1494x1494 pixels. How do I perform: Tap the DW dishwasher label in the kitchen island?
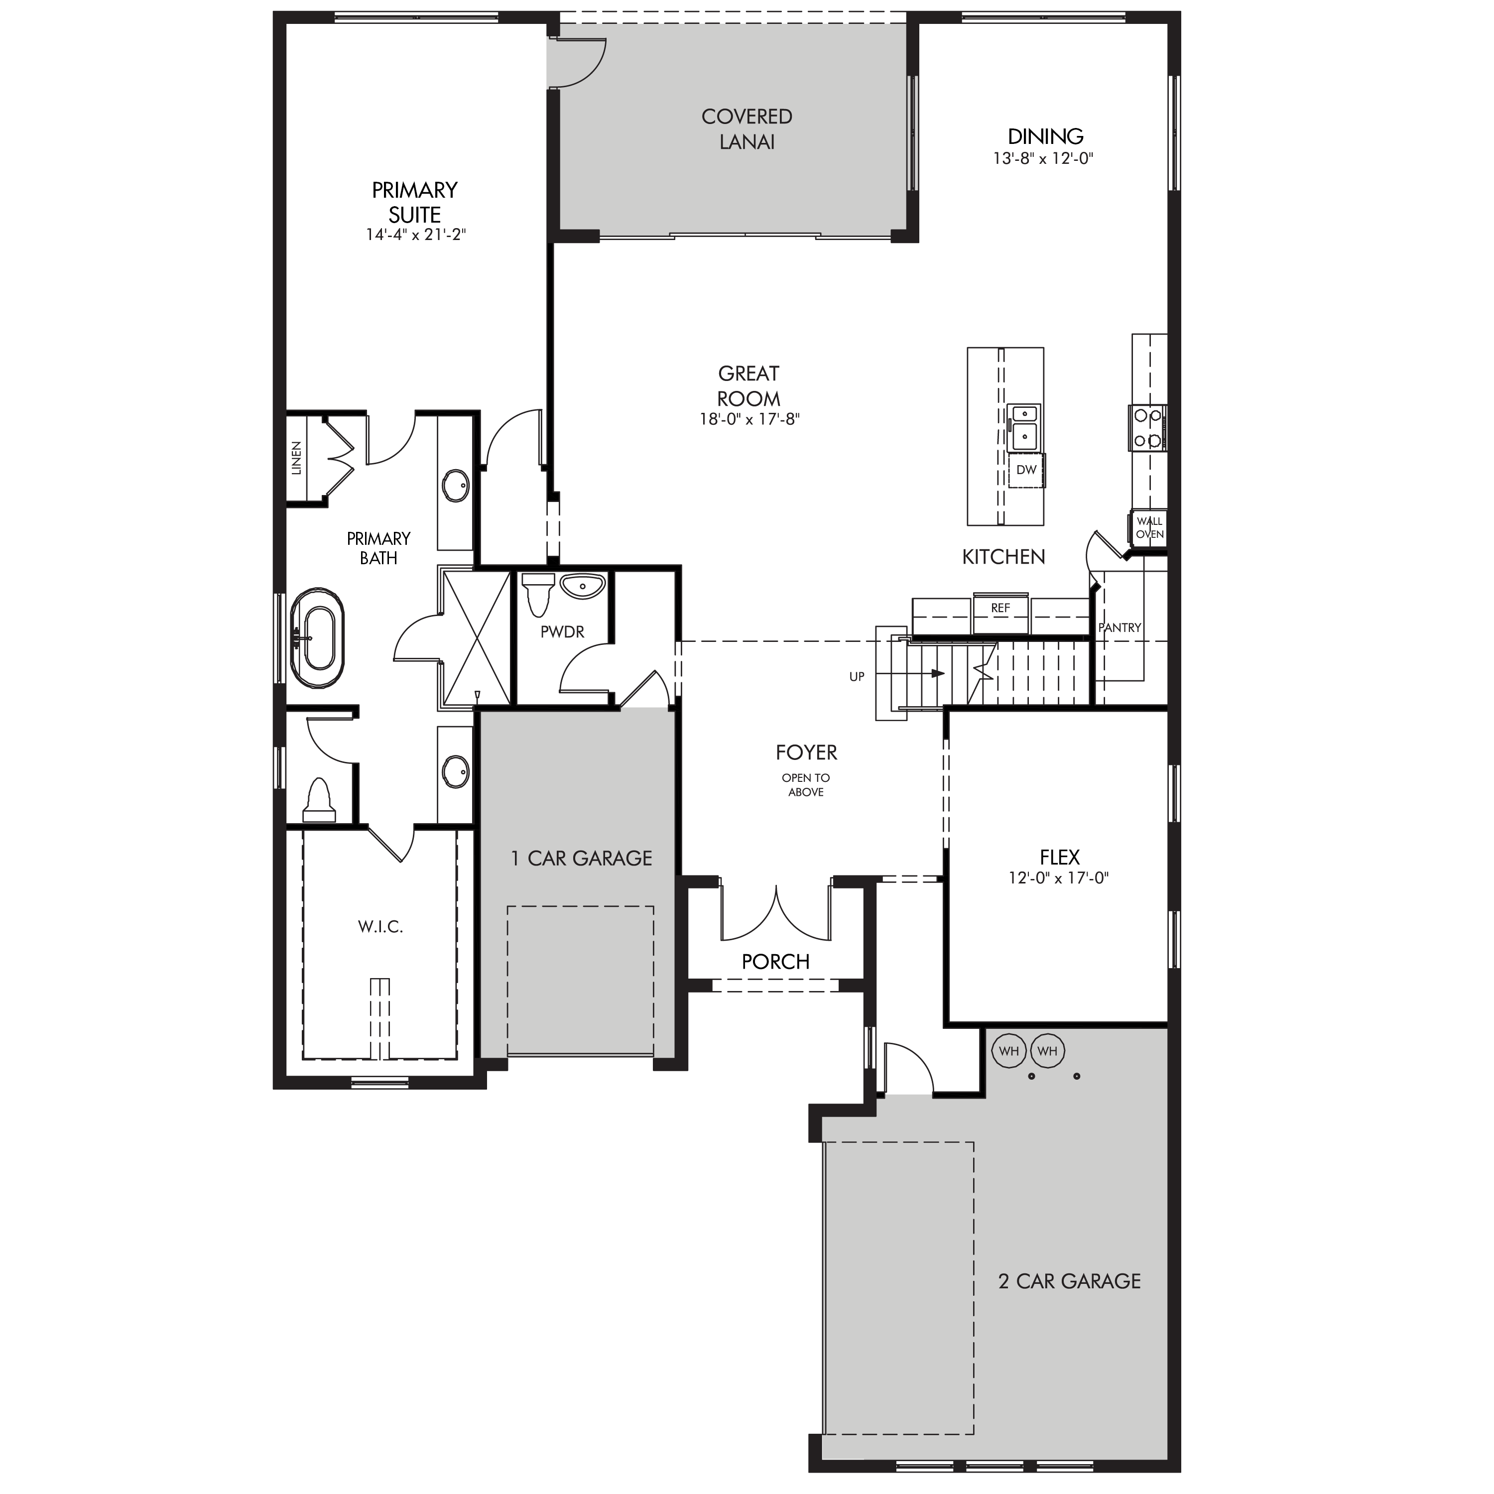point(1026,470)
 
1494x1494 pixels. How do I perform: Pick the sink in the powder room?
point(582,587)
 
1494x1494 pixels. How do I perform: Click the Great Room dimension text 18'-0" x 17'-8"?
point(748,420)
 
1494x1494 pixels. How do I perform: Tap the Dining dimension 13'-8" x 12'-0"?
point(1045,158)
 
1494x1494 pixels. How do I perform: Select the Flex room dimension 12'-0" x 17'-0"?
point(1059,878)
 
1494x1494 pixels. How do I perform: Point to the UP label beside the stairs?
point(857,677)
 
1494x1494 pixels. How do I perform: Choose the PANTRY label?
point(1120,628)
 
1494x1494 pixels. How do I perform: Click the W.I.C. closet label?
point(380,926)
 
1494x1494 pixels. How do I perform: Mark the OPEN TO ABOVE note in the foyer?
point(806,785)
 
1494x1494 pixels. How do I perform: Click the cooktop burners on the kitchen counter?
point(1147,428)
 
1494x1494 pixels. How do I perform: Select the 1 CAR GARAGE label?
point(582,859)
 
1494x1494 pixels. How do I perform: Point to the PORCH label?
point(775,962)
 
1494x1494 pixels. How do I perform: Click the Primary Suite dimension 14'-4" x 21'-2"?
point(416,234)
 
